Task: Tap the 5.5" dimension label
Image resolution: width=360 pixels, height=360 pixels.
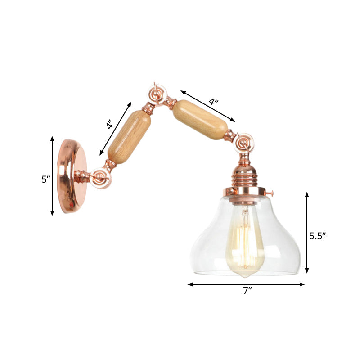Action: click(x=317, y=235)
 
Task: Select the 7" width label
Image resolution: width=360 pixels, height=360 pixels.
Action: click(x=246, y=291)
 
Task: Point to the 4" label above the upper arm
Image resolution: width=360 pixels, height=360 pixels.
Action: click(x=213, y=101)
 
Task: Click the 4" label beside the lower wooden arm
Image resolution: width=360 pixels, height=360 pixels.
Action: click(x=110, y=125)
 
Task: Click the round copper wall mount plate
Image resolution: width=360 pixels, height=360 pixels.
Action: click(x=72, y=176)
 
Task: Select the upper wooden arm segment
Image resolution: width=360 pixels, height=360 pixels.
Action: click(x=200, y=119)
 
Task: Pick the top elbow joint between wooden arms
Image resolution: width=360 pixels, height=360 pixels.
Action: click(x=158, y=96)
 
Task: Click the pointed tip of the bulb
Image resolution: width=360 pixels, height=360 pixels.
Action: click(x=245, y=275)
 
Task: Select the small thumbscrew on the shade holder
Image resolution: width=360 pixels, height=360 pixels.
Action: click(x=272, y=193)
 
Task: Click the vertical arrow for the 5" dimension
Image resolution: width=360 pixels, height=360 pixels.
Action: click(x=53, y=176)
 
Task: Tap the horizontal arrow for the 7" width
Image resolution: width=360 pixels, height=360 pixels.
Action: click(x=246, y=284)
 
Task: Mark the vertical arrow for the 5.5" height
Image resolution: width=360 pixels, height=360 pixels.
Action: click(x=307, y=232)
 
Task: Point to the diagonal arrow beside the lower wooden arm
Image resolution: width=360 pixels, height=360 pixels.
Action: click(x=116, y=128)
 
